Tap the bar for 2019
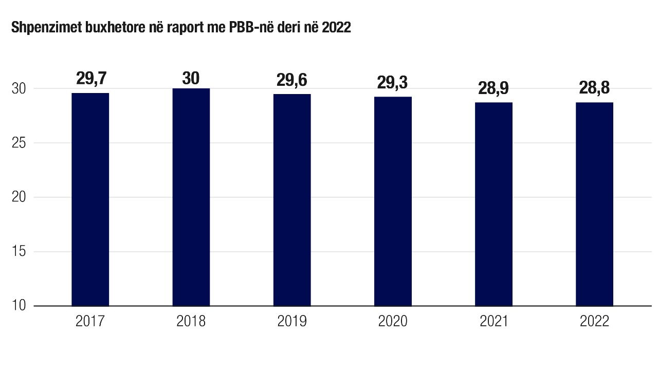[x=292, y=200]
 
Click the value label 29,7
[x=90, y=79]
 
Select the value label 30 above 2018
[x=191, y=78]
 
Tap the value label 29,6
[x=292, y=80]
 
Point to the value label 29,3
[x=393, y=83]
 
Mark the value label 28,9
[x=493, y=88]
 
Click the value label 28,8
[x=594, y=88]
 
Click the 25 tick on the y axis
[x=19, y=143]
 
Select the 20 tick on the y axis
[x=19, y=197]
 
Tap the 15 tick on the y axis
[x=19, y=252]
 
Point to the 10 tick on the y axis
[x=19, y=306]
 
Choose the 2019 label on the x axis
[x=292, y=322]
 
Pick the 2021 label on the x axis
[x=493, y=322]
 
